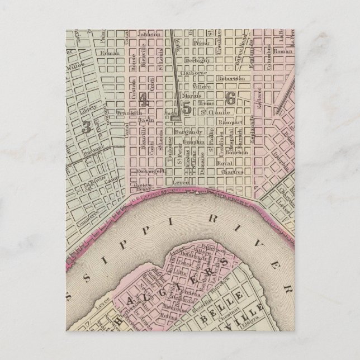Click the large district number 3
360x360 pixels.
point(86,126)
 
